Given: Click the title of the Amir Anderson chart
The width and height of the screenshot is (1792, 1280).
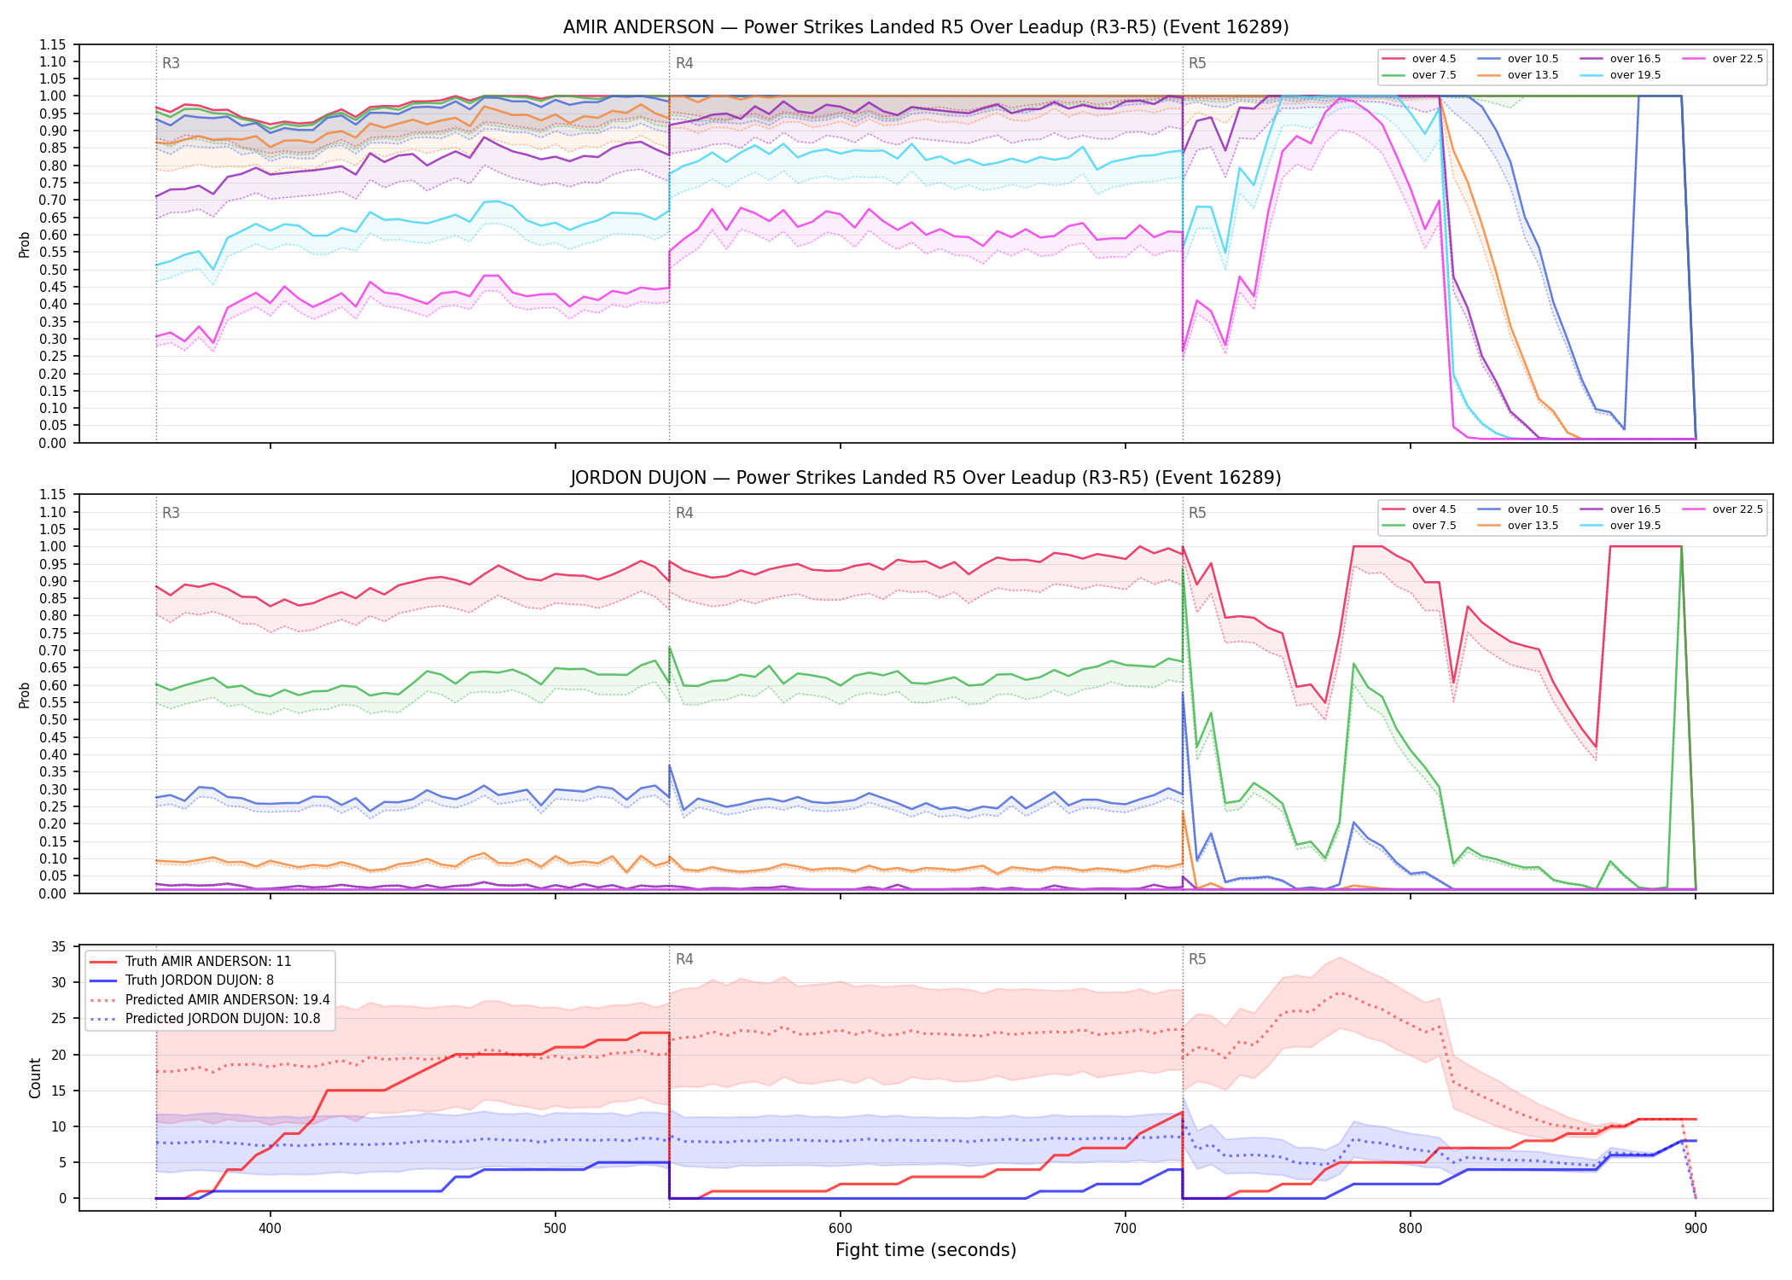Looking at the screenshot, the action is (926, 27).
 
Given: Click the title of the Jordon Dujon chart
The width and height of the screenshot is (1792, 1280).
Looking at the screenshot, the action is (926, 478).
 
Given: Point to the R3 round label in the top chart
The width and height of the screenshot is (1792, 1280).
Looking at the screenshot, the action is (171, 63).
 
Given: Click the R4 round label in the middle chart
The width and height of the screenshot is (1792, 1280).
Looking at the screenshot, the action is (684, 513).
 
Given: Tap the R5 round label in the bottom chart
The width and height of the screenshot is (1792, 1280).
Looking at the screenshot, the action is (1197, 959).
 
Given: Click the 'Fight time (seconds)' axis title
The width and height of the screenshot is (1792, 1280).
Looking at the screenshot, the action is (926, 1250).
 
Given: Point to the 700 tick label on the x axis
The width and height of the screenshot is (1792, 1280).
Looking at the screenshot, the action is (1126, 1228).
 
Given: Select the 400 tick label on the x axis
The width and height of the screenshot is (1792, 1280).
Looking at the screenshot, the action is (271, 1228).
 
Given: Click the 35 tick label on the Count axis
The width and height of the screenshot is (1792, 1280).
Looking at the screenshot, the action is (59, 946).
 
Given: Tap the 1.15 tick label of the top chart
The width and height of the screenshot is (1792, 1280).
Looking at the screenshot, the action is (53, 44).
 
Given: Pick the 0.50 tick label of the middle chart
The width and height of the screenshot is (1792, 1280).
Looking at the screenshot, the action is (53, 720).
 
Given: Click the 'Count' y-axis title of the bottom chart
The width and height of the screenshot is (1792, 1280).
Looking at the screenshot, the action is (35, 1078).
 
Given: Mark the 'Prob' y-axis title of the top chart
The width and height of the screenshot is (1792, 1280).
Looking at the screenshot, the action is (25, 244).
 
